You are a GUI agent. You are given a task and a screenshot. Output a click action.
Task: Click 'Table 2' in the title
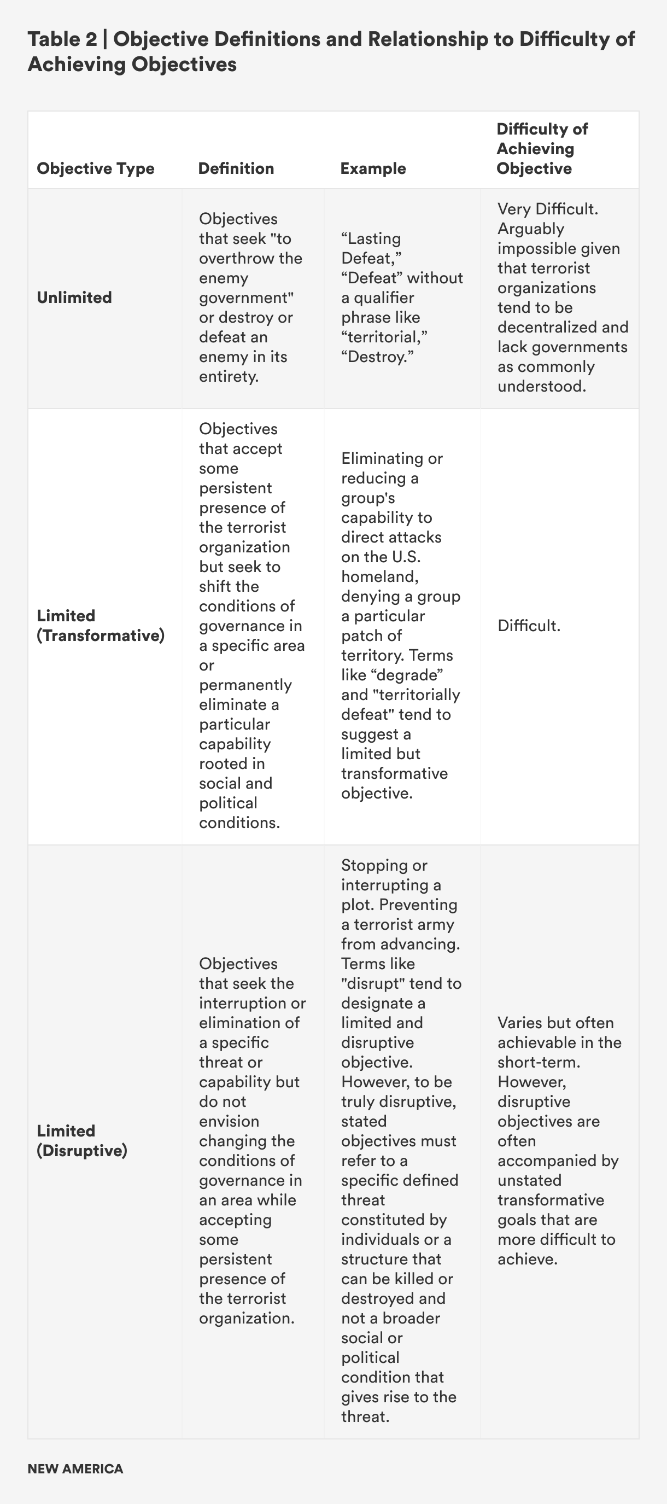[x=62, y=39]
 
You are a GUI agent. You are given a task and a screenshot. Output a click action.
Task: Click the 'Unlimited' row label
[x=74, y=297]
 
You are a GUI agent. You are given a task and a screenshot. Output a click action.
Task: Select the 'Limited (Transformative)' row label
[x=101, y=625]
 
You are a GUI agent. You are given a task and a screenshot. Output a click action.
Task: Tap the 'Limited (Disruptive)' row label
[x=81, y=1140]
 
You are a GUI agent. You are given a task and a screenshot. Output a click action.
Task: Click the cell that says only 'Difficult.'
[x=529, y=626]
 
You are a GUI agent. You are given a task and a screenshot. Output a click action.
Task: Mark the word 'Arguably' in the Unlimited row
[x=530, y=228]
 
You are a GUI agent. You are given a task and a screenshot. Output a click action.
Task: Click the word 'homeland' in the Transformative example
[x=379, y=576]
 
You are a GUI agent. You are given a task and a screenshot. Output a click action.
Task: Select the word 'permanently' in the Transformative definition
[x=245, y=685]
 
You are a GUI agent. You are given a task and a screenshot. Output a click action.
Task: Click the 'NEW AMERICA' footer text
[x=75, y=1469]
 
